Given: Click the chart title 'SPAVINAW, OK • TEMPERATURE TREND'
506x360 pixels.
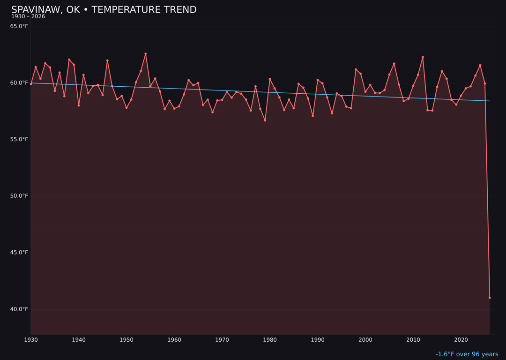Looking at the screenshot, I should coord(104,10).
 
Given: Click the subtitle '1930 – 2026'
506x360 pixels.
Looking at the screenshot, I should coord(28,17).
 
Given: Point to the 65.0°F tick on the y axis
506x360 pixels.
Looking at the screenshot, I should coord(19,26).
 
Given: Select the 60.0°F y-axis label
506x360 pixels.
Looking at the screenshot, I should coord(19,83).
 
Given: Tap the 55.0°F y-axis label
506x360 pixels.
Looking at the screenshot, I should coord(19,140).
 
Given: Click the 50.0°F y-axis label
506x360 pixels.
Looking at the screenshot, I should coord(19,196).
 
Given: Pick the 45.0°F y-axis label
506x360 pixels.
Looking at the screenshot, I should coord(19,253).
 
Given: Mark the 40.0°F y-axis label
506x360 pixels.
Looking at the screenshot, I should coord(19,309).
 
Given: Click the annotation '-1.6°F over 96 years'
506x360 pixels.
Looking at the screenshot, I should coord(467,354).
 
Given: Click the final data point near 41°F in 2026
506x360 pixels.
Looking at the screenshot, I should coord(490,298).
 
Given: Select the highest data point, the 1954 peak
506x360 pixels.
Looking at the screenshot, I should coord(146,53).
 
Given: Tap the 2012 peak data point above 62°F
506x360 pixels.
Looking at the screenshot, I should coord(423,57).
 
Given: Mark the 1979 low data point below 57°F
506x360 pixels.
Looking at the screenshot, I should coord(265,120).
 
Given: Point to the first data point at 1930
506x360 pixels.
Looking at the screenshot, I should coord(31,84).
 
